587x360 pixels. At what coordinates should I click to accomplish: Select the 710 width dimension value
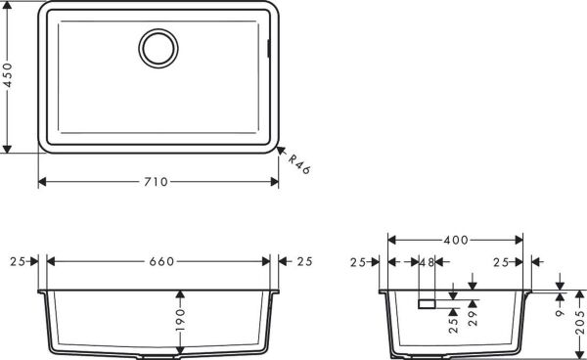click(x=157, y=182)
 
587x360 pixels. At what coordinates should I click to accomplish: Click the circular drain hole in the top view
click(x=158, y=47)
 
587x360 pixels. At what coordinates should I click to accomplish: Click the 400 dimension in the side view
click(x=454, y=240)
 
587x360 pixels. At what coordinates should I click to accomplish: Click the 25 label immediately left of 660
click(x=17, y=261)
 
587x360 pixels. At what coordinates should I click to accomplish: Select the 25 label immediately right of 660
click(x=303, y=261)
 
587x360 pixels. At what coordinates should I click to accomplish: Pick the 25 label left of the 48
click(x=358, y=262)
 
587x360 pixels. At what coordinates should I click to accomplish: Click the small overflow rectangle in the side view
click(x=426, y=303)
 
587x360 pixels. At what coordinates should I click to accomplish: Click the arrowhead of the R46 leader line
click(x=279, y=151)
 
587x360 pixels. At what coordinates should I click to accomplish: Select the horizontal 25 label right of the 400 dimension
click(x=502, y=262)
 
